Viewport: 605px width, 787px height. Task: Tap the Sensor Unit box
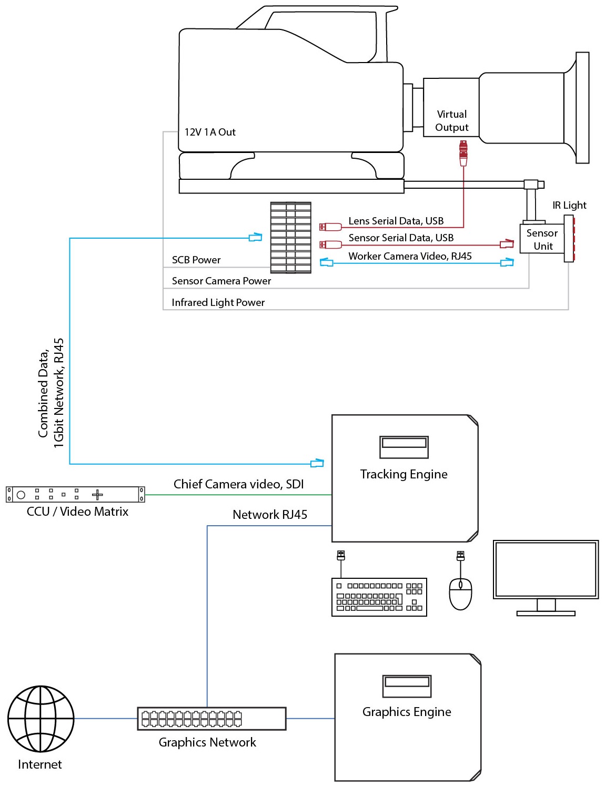pyautogui.click(x=542, y=239)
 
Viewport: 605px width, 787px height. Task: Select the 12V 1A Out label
pyautogui.click(x=210, y=132)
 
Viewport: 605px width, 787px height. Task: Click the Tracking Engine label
pyautogui.click(x=404, y=474)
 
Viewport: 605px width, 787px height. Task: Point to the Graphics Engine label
pyautogui.click(x=407, y=712)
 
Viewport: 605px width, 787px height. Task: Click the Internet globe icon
pyautogui.click(x=41, y=719)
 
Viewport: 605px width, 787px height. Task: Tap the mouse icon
pyautogui.click(x=460, y=594)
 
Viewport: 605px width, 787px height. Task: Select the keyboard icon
pyautogui.click(x=379, y=597)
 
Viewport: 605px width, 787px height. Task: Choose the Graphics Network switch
pyautogui.click(x=211, y=719)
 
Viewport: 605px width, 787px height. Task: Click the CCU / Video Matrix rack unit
pyautogui.click(x=75, y=495)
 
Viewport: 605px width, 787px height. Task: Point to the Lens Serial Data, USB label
pyautogui.click(x=396, y=221)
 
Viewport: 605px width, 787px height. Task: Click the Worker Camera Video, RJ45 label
pyautogui.click(x=410, y=256)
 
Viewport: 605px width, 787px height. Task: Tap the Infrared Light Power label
pyautogui.click(x=218, y=302)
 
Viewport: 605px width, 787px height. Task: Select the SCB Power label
pyautogui.click(x=196, y=260)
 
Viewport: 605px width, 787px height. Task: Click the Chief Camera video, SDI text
pyautogui.click(x=238, y=484)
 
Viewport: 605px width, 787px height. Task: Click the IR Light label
pyautogui.click(x=569, y=205)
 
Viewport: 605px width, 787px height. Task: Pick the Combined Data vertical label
pyautogui.click(x=51, y=393)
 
